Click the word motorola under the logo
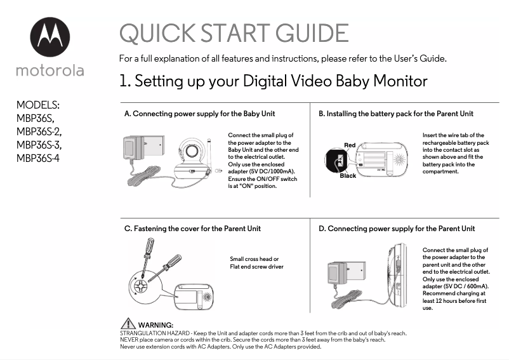(50, 70)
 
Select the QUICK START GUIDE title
(234, 34)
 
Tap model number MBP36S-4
(37, 157)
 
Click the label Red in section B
(349, 145)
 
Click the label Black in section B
(347, 176)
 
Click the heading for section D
(396, 229)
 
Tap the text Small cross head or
(254, 259)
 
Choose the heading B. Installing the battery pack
(395, 114)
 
